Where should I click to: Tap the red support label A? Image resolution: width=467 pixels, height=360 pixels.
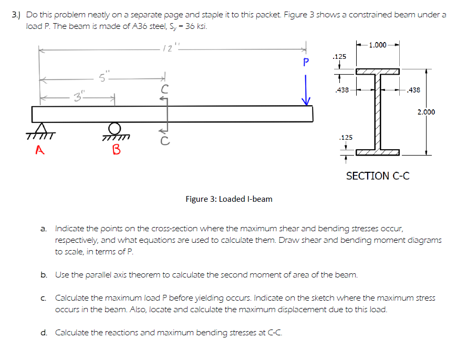point(39,150)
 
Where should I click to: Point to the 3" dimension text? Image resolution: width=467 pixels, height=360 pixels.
point(78,97)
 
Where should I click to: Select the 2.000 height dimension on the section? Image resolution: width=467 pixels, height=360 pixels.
point(426,111)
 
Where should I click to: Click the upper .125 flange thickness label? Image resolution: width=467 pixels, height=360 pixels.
point(339,56)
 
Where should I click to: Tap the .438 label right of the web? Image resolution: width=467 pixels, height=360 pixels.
point(414,90)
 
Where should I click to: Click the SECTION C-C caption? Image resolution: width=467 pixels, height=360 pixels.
point(378,176)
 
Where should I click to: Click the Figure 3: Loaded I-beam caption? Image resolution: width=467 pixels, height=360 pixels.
point(229,199)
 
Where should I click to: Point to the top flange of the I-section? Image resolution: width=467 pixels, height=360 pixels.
point(377,71)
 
